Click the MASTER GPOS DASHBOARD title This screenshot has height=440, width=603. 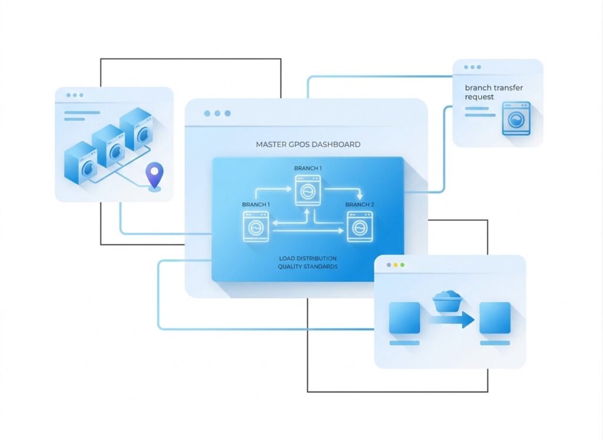point(308,145)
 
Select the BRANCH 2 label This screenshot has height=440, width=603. point(359,205)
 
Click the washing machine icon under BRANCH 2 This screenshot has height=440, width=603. point(360,227)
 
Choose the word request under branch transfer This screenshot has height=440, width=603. point(479,97)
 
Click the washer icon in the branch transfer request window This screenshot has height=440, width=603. point(516,119)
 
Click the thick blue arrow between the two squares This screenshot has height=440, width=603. point(450,320)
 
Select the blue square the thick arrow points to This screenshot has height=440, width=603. point(495,318)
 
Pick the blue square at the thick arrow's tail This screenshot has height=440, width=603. point(405,318)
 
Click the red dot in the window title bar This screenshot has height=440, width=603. point(389,265)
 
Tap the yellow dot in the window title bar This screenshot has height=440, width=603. point(396,265)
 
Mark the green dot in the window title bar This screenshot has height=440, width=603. point(403,265)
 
